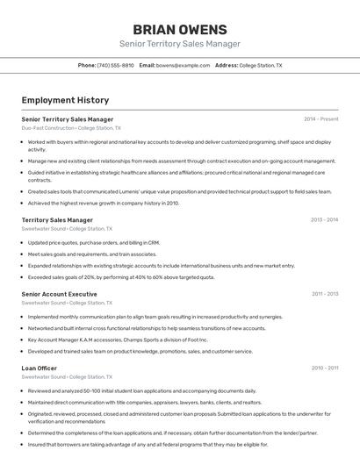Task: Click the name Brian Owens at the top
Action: pos(180,30)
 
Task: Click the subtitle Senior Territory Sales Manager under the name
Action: pos(180,44)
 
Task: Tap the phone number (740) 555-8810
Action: pos(116,65)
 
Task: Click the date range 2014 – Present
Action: pos(321,118)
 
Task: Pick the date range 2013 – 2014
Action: pos(324,220)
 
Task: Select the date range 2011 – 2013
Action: pos(324,294)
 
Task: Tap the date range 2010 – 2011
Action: pos(324,368)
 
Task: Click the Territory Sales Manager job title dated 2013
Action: pos(57,220)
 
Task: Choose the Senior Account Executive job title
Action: pos(59,294)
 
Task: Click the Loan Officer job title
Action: pos(40,368)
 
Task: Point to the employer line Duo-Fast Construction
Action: pos(48,128)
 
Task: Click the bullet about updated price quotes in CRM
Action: pos(94,242)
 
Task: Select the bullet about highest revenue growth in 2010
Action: pos(104,203)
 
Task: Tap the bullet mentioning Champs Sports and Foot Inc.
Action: pos(118,340)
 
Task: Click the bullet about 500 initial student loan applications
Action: pos(142,390)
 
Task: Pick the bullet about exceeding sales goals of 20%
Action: pos(121,276)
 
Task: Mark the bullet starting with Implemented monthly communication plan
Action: pos(155,317)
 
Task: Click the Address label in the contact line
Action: pos(227,65)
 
